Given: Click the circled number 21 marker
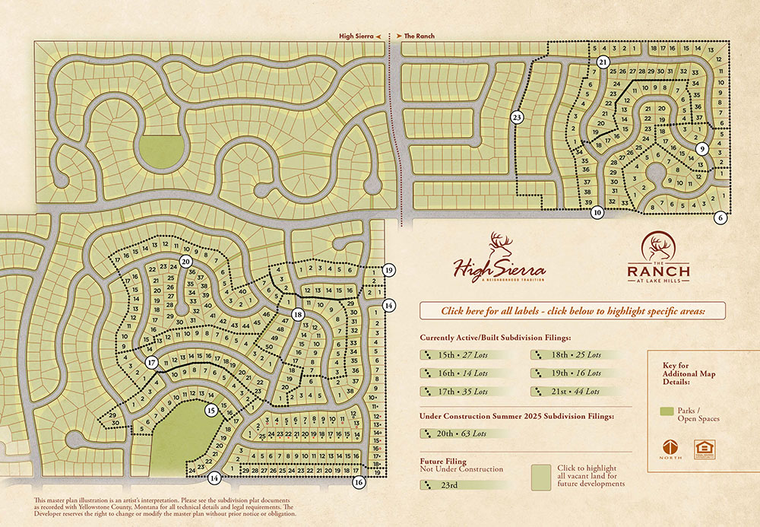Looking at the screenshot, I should [x=603, y=62].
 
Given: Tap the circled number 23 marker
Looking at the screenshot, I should [x=517, y=117].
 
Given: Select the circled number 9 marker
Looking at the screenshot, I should [x=701, y=148].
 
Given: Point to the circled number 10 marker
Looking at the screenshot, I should [x=597, y=213].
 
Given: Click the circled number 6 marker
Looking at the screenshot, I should [x=720, y=217].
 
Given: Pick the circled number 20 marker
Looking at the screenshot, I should [x=185, y=261].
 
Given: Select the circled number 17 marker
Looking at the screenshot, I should [x=151, y=363].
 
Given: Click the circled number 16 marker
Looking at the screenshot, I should [x=359, y=481].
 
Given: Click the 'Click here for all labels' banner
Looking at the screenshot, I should [x=572, y=310].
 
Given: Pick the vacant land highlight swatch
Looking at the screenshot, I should [x=540, y=477].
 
